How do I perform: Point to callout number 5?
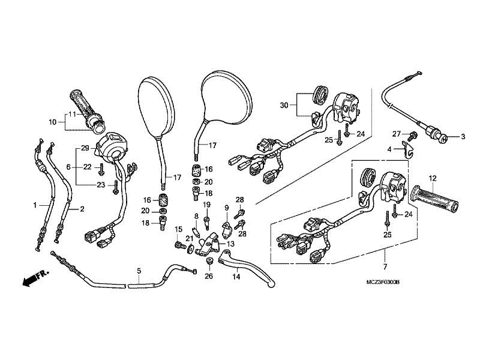coord(139,271)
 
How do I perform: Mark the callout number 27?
coord(396,133)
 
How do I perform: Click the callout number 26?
coord(209,276)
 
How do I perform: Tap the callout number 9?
coord(227,208)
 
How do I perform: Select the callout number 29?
coord(85,148)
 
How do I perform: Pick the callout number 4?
coord(389,149)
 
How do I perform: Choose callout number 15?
coord(178,229)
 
